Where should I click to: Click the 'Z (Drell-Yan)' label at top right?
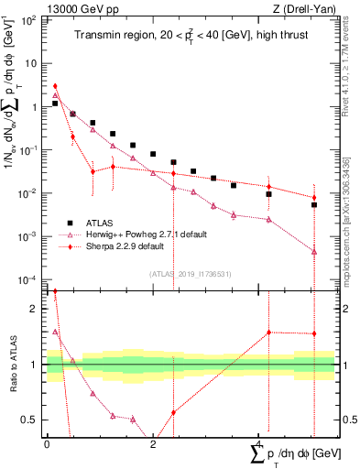(305, 8)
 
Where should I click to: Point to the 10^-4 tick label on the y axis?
(30, 279)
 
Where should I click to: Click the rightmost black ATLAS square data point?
(313, 205)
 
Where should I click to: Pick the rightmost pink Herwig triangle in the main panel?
(313, 251)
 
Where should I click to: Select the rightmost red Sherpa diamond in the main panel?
(313, 197)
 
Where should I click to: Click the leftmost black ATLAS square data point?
(55, 104)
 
